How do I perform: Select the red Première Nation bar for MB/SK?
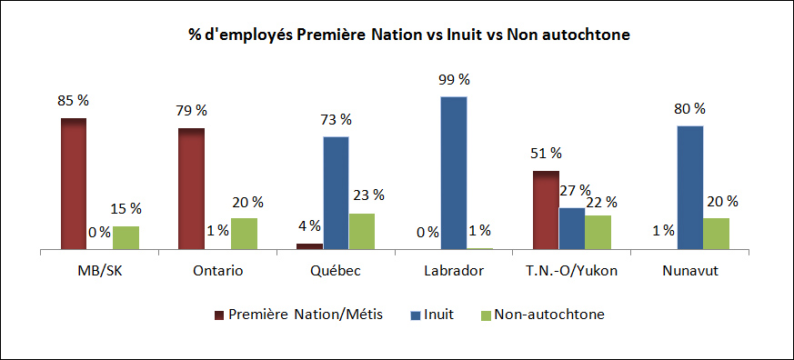tap(74, 183)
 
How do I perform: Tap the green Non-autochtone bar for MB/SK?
tap(126, 237)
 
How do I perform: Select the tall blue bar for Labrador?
tap(453, 173)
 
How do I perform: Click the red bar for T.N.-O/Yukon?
tap(545, 209)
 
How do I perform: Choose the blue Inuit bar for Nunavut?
tap(689, 187)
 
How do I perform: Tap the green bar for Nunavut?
tap(716, 233)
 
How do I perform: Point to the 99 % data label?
tap(454, 82)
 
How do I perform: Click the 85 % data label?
tap(74, 100)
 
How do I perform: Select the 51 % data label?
tap(545, 153)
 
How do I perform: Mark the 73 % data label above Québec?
tap(336, 119)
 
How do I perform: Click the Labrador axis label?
tap(453, 270)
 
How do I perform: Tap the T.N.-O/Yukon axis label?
tap(571, 270)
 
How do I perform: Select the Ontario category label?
tap(217, 270)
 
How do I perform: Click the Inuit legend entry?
tap(437, 315)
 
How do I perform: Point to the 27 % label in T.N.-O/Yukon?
tap(575, 191)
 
